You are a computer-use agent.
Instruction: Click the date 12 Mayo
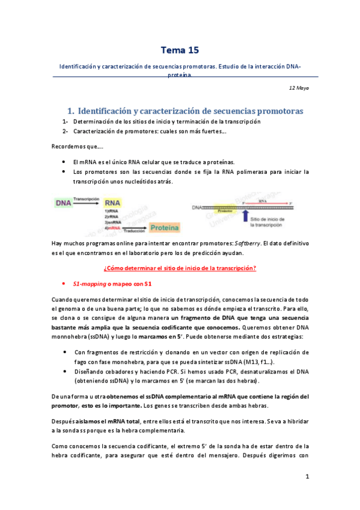[299, 88]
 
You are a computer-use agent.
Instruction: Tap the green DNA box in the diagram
[64, 203]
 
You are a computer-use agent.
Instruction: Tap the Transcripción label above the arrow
[87, 198]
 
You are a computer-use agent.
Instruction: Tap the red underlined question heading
[180, 268]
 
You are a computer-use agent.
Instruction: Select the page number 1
[307, 477]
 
